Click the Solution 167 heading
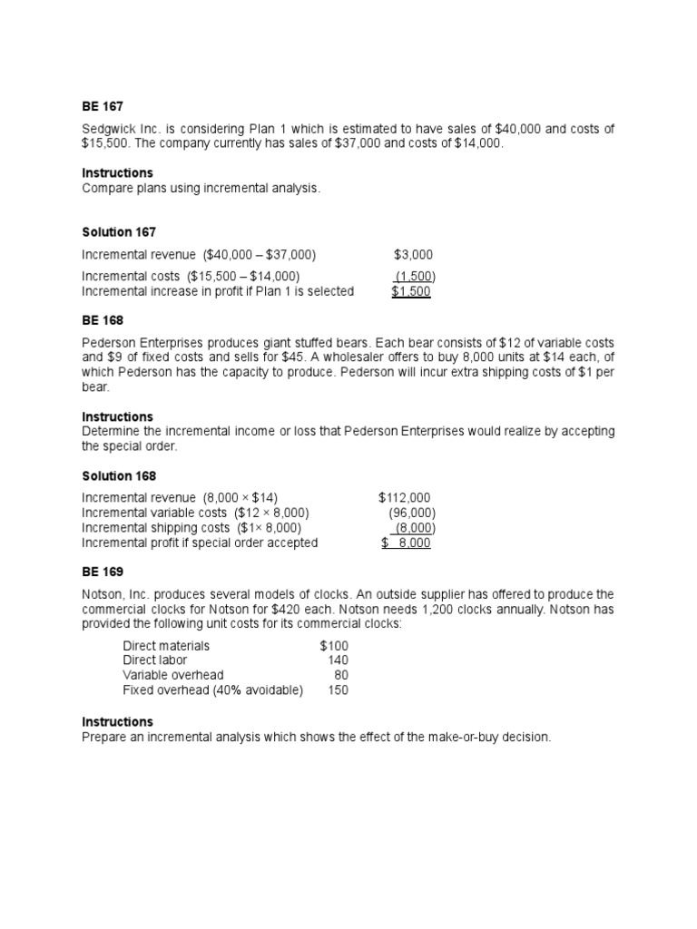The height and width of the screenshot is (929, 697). (x=119, y=232)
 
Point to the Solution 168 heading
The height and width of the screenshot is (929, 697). (x=119, y=476)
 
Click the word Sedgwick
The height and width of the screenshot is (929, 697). (x=108, y=130)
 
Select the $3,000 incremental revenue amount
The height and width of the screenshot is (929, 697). (x=414, y=256)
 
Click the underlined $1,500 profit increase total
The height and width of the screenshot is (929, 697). (x=411, y=291)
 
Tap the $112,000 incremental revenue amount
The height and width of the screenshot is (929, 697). (x=405, y=497)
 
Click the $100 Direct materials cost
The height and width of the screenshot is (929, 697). (x=334, y=645)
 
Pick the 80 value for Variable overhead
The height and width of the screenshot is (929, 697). (x=340, y=675)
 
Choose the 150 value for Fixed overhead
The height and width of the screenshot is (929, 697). (x=338, y=690)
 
